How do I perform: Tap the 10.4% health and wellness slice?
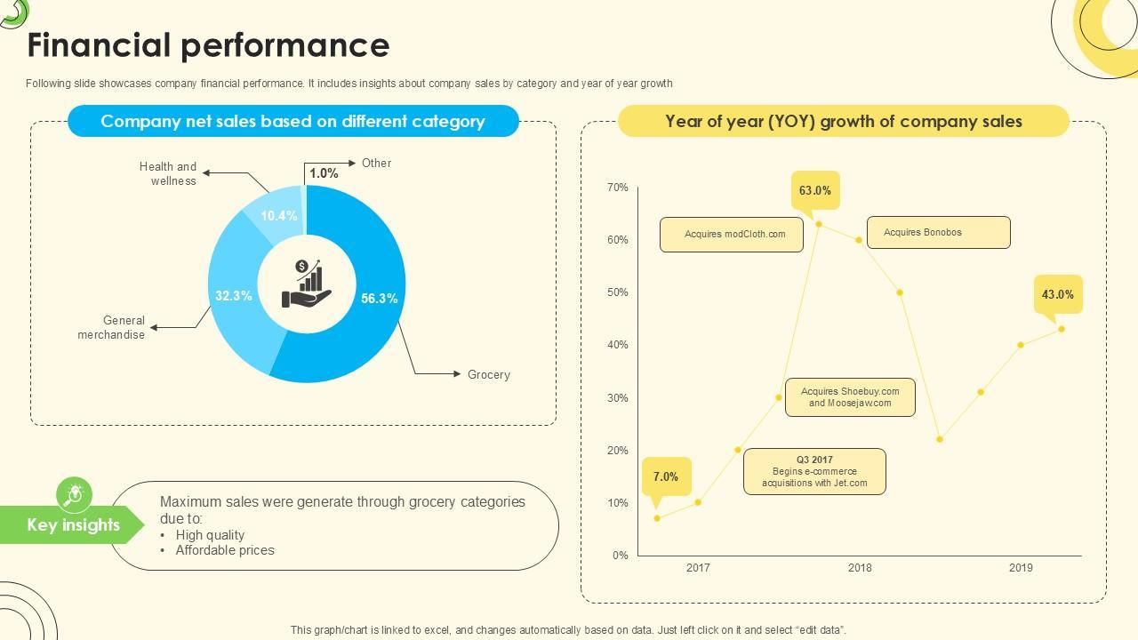click(x=278, y=216)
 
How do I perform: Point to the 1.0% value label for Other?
click(x=324, y=173)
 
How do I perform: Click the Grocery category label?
click(x=488, y=374)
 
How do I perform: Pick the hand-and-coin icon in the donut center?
click(x=307, y=284)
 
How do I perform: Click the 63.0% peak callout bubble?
click(x=814, y=190)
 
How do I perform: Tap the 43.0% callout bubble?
click(x=1057, y=294)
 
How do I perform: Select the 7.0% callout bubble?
click(x=665, y=476)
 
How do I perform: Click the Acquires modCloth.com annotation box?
click(x=732, y=235)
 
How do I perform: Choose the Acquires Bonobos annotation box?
click(x=938, y=233)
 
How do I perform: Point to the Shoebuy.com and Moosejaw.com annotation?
click(x=850, y=397)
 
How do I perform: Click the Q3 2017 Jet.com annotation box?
click(x=814, y=471)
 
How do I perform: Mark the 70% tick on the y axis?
click(x=617, y=188)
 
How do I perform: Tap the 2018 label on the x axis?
click(x=860, y=568)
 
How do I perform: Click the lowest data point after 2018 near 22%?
click(x=940, y=439)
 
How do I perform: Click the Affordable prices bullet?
click(x=225, y=550)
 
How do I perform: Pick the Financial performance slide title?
click(x=208, y=45)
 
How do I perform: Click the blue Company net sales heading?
click(x=293, y=121)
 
